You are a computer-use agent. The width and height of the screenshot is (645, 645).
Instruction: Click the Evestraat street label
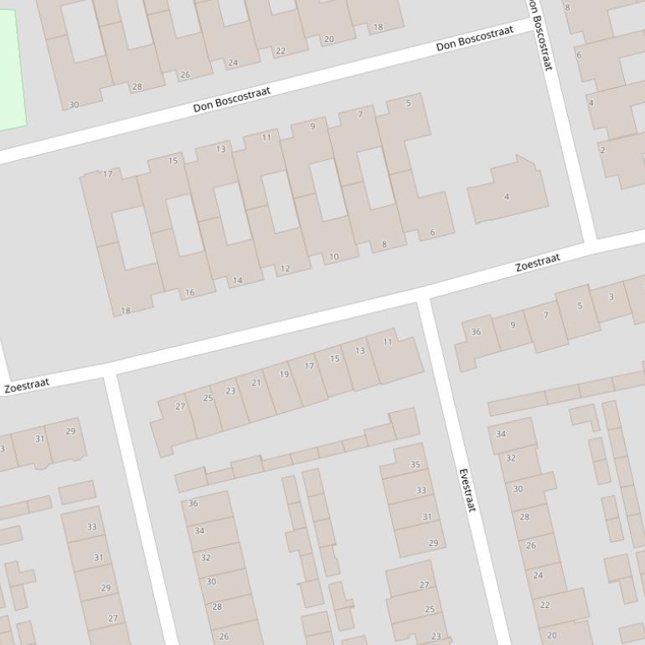click(467, 490)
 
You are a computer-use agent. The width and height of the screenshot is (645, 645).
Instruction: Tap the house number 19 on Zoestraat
click(284, 374)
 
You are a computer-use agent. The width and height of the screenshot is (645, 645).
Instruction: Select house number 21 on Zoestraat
click(256, 383)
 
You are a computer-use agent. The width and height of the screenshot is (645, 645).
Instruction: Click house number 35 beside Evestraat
click(415, 465)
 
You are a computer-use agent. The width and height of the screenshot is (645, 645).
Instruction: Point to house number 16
click(189, 292)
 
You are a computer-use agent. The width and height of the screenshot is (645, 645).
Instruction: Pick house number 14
click(237, 281)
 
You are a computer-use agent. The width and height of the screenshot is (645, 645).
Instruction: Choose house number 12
click(285, 269)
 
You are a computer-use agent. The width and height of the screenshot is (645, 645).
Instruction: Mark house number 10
click(333, 257)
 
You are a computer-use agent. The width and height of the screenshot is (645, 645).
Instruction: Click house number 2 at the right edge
click(602, 151)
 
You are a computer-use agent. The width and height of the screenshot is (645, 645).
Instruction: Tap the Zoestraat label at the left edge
click(27, 386)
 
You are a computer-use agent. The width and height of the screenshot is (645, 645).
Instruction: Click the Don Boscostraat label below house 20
click(474, 39)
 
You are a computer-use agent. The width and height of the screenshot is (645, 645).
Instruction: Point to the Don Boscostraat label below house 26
click(231, 100)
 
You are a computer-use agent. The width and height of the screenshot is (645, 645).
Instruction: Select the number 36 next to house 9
click(476, 332)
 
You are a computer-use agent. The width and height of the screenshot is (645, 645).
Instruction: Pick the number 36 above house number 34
click(193, 503)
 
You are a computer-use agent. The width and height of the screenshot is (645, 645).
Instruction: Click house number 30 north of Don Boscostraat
click(74, 105)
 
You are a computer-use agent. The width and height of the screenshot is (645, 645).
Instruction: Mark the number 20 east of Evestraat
click(551, 636)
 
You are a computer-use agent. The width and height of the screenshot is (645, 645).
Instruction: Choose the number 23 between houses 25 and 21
click(230, 391)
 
